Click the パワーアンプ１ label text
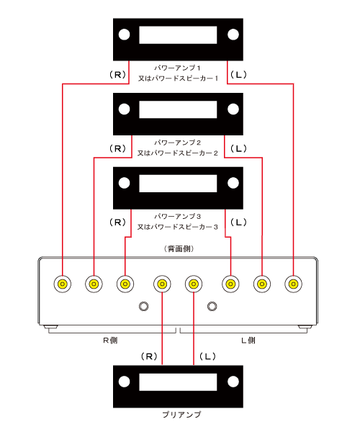[177, 68]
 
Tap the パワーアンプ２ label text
[177, 143]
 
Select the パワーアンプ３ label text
[177, 216]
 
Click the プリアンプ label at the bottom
[181, 415]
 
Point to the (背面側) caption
[179, 249]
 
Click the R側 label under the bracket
[110, 341]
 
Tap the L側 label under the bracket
[248, 341]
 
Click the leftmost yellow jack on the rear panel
[63, 284]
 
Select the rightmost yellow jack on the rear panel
[293, 284]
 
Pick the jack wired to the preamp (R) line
[162, 284]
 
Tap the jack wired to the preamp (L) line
[194, 284]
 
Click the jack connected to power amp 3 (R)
[125, 284]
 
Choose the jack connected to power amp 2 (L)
[262, 284]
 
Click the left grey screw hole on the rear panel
[144, 306]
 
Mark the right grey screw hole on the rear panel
[212, 306]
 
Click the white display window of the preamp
[178, 382]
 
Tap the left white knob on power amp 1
[125, 35]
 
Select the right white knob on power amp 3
[233, 183]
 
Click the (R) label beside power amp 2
[118, 149]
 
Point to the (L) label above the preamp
[207, 356]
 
